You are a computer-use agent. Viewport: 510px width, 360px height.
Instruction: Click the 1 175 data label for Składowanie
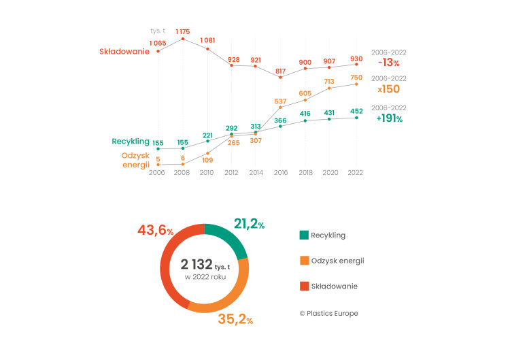pyautogui.click(x=183, y=31)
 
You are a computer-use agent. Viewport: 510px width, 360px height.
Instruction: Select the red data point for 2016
pyautogui.click(x=280, y=77)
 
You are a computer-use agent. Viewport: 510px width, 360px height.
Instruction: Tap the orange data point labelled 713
pyautogui.click(x=329, y=88)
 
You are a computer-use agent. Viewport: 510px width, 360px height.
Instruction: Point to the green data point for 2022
pyautogui.click(x=356, y=118)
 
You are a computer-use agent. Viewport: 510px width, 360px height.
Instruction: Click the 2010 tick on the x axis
pyautogui.click(x=207, y=172)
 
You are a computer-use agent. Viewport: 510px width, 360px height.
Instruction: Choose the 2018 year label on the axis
pyautogui.click(x=306, y=172)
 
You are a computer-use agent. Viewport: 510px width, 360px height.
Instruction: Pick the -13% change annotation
pyautogui.click(x=389, y=63)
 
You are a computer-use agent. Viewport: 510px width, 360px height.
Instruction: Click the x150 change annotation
pyautogui.click(x=389, y=89)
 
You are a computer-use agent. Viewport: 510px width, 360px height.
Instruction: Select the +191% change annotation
pyautogui.click(x=390, y=118)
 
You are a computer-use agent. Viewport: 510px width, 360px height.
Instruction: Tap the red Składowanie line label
pyautogui.click(x=124, y=52)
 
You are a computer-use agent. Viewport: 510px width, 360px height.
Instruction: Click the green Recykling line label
pyautogui.click(x=131, y=142)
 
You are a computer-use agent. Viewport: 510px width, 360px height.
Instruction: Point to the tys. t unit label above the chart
pyautogui.click(x=158, y=31)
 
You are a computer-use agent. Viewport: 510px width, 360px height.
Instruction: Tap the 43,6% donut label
pyautogui.click(x=156, y=230)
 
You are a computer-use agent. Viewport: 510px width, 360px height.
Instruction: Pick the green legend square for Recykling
pyautogui.click(x=304, y=235)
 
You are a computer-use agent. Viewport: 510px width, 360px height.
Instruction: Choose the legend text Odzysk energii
pyautogui.click(x=337, y=261)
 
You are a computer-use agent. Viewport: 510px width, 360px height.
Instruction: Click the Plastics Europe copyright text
pyautogui.click(x=329, y=313)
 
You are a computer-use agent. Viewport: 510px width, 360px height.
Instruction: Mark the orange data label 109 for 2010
pyautogui.click(x=207, y=160)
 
